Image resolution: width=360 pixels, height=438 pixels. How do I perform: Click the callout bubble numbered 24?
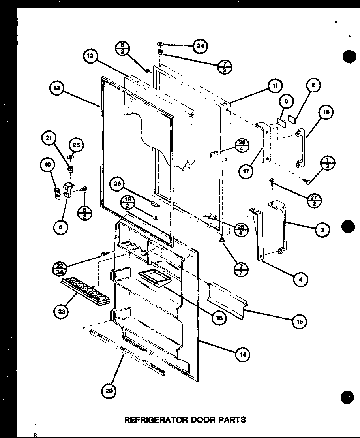point(200,46)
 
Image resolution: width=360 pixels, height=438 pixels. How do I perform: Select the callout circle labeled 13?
point(57,88)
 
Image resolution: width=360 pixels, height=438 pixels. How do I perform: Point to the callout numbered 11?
point(274,86)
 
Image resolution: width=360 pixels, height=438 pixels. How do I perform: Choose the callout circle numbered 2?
point(312,85)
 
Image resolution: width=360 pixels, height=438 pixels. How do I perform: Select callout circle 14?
point(242,354)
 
